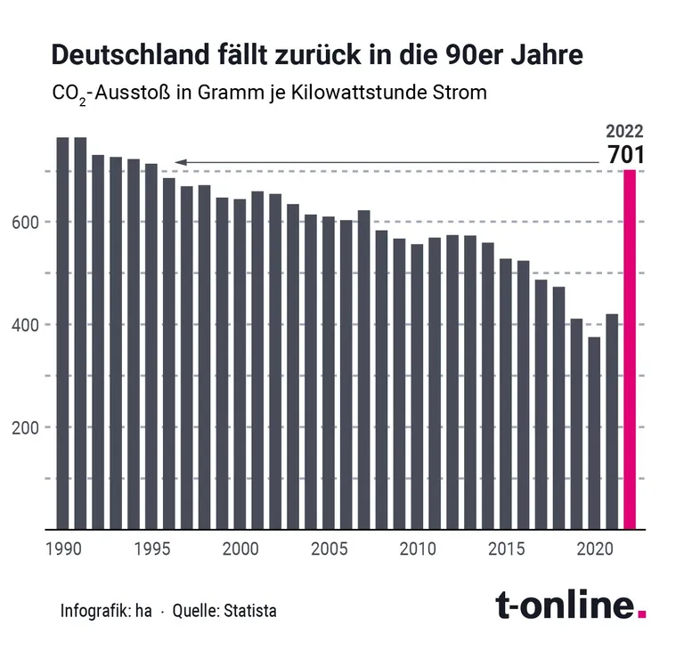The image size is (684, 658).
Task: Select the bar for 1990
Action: pyautogui.click(x=62, y=333)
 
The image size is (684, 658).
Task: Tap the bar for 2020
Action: pyautogui.click(x=594, y=433)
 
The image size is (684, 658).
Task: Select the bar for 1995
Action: pyautogui.click(x=151, y=346)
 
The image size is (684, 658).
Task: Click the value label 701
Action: pyautogui.click(x=625, y=154)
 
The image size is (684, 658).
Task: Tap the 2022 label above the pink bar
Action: pyautogui.click(x=625, y=130)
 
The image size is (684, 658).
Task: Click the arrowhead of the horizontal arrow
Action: pyautogui.click(x=180, y=162)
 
